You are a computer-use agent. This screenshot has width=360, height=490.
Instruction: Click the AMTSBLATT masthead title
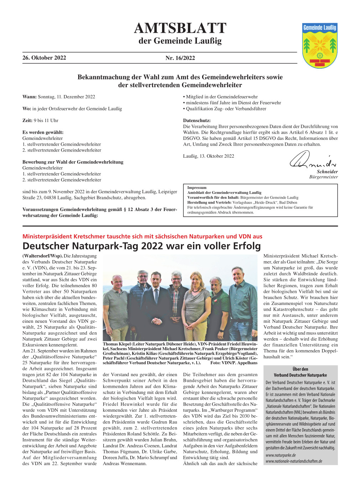coord(180,28)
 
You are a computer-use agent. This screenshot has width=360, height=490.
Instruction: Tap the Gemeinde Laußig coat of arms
coord(319,46)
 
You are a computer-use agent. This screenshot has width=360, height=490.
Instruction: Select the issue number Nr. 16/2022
coord(180,58)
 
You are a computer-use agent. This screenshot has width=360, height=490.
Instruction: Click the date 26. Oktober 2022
coord(44,58)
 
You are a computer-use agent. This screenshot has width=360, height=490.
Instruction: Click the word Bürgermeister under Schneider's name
coord(323,177)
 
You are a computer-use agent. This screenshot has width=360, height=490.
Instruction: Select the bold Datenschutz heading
coord(197,121)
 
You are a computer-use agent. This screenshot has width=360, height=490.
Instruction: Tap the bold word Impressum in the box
coord(197,188)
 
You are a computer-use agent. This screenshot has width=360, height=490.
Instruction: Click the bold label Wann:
coord(30,97)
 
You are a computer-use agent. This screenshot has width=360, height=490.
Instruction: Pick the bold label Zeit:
coord(27,121)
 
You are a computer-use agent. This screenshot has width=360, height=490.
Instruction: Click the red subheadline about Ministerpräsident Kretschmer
coord(142,236)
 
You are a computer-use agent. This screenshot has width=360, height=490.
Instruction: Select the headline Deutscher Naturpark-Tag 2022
coord(141,246)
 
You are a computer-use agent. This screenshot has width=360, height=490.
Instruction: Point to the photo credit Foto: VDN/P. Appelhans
coord(234,363)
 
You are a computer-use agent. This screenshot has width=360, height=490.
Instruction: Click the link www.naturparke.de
coord(281,455)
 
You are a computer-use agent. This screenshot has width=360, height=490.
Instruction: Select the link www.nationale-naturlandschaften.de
coord(294,461)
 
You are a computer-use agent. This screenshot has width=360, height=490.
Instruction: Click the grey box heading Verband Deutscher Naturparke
coord(300,375)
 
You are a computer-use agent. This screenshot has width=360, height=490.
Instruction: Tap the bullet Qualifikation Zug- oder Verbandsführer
coord(226,109)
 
